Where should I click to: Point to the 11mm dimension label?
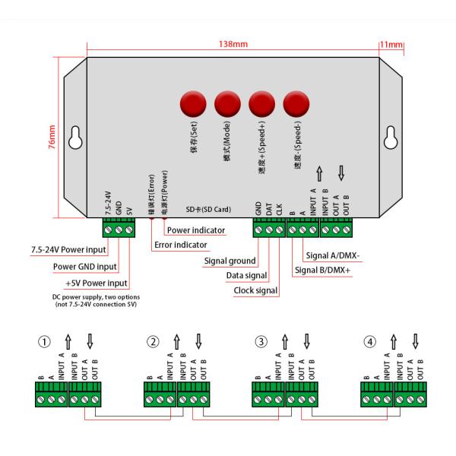(393, 45)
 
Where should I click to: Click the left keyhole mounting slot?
(74, 138)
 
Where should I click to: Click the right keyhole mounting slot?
(392, 138)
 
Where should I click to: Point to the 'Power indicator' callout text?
(196, 230)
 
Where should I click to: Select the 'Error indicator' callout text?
(180, 245)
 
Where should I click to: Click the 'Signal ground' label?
(230, 261)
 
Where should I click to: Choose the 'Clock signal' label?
(255, 290)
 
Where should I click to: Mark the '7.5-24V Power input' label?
(68, 249)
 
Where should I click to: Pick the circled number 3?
(261, 342)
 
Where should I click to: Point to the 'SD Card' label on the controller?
(208, 208)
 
